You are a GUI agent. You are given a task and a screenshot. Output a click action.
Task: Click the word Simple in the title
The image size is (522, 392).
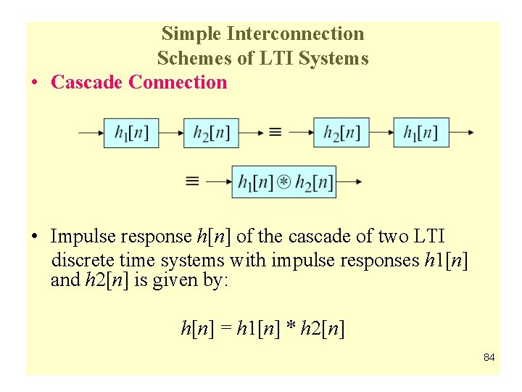[191, 33]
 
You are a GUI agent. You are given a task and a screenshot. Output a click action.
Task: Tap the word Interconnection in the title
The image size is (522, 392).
[295, 33]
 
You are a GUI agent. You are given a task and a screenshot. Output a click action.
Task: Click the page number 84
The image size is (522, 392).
[489, 357]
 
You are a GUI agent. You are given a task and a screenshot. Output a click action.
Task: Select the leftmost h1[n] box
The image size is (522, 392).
[131, 133]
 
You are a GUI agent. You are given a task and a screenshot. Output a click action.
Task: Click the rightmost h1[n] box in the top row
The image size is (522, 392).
[421, 133]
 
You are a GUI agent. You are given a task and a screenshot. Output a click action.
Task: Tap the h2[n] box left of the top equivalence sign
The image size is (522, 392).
[211, 133]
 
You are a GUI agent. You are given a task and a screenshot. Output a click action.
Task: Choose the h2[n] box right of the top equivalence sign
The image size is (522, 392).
[341, 133]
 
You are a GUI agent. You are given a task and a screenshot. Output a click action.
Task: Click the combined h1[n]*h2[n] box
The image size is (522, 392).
[284, 181]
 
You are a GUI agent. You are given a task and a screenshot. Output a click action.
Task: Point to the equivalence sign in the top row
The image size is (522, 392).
[275, 133]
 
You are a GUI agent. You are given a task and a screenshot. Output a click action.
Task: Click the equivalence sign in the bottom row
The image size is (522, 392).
[192, 181]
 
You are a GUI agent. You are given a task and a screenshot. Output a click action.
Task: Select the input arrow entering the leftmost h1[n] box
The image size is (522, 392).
[91, 133]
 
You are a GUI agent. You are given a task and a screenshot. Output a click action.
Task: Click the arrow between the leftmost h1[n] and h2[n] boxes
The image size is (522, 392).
[171, 133]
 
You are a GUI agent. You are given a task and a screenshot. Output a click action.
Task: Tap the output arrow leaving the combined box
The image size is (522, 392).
[348, 181]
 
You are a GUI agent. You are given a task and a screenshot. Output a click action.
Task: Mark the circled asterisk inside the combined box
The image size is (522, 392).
[284, 181]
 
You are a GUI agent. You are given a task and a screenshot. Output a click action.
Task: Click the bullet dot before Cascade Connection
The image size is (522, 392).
[35, 83]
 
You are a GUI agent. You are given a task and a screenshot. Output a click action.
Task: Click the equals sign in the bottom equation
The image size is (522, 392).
[225, 329]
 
